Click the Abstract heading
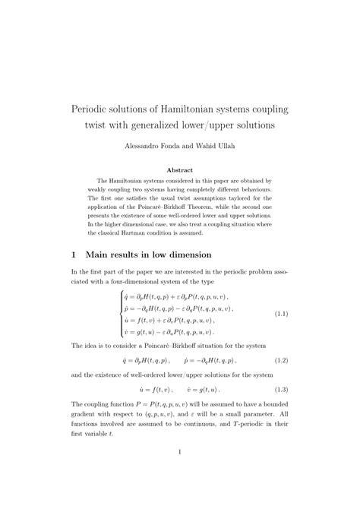[180, 169]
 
